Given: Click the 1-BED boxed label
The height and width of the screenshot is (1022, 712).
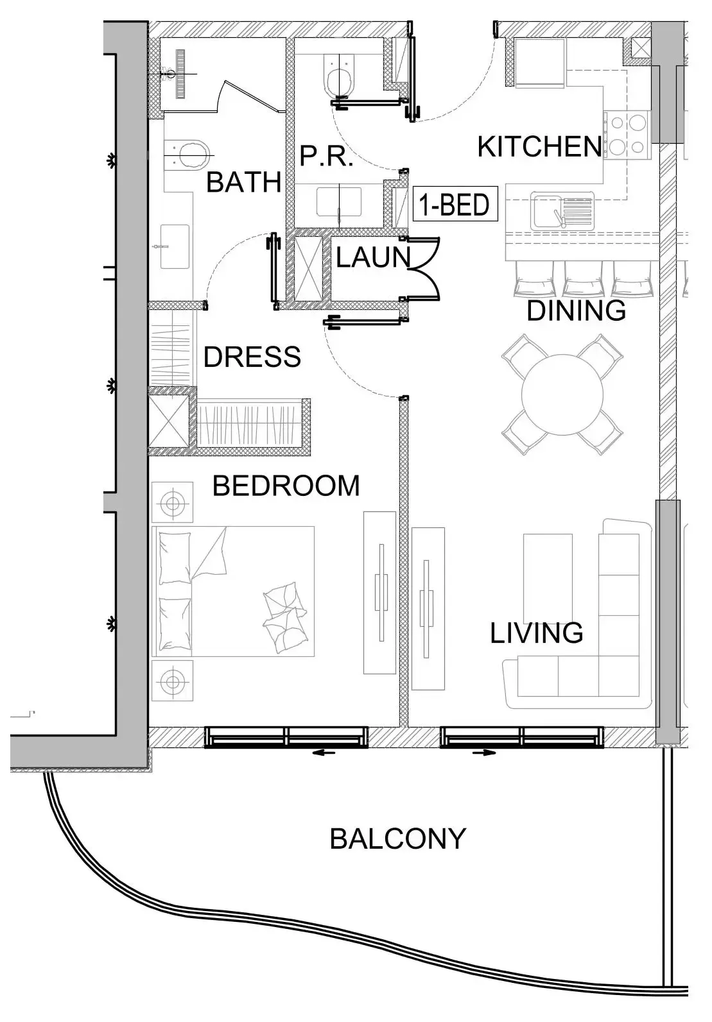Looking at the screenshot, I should [x=455, y=205].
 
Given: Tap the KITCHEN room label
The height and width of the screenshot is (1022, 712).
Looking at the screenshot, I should [x=539, y=147].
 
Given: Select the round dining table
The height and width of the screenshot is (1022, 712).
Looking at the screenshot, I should [x=562, y=394].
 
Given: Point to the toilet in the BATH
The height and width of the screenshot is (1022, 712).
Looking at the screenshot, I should [x=191, y=155].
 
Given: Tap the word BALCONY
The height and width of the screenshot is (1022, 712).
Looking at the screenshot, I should [x=397, y=839].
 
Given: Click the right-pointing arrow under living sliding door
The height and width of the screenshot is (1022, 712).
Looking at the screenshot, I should [x=484, y=753].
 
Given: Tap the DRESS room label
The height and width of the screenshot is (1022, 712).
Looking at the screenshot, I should [x=252, y=357].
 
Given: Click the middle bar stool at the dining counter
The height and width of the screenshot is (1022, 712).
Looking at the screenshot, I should [x=583, y=279].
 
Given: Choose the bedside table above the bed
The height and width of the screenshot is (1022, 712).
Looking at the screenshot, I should [x=172, y=502].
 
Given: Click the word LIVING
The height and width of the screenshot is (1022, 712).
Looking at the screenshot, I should [x=536, y=633].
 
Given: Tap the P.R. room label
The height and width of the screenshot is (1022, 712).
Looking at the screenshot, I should [x=326, y=157].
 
